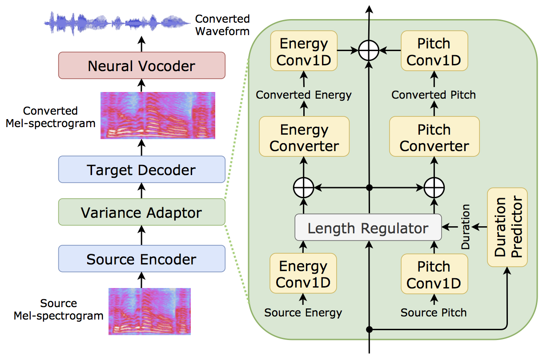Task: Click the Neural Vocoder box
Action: coord(142,65)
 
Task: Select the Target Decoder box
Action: coord(142,169)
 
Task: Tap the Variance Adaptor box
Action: coord(142,212)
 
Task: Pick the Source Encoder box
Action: coord(142,259)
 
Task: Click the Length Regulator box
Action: coord(368,227)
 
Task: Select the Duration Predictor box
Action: coord(507,227)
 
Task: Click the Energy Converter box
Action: coord(304,136)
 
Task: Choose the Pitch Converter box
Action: coord(434,136)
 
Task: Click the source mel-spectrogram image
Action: coord(149,312)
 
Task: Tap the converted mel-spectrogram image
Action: coord(157,116)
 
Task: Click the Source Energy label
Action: coord(303,312)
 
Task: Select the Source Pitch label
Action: coord(434,312)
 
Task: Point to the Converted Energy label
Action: coord(304,95)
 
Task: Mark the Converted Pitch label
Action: coord(434,95)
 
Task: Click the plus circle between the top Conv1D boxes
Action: coord(369,50)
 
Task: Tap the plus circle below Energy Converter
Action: coord(304,188)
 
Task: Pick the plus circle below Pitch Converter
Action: coord(434,188)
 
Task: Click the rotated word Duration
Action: coord(465,227)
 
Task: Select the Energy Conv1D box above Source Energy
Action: coord(303,273)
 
